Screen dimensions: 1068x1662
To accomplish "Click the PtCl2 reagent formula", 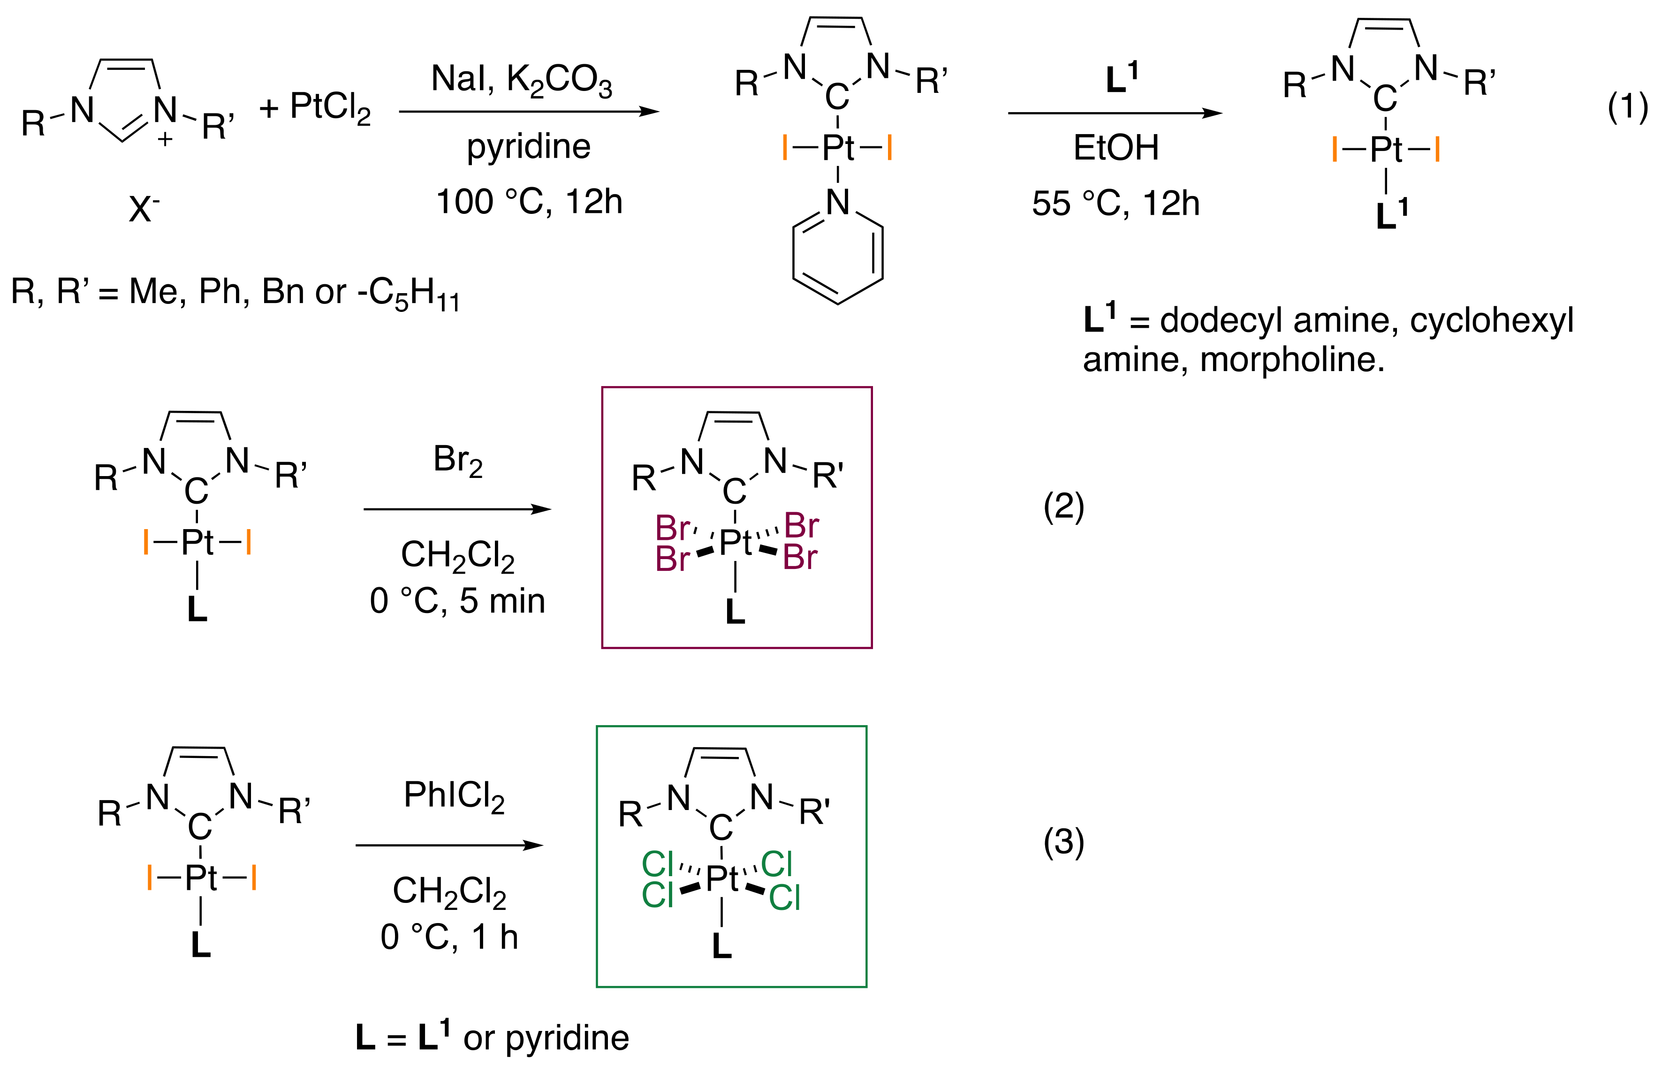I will (x=330, y=108).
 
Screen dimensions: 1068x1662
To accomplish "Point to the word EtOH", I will (x=1116, y=148).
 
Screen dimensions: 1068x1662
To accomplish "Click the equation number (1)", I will (x=1627, y=107).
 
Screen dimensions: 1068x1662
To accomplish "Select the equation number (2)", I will (x=1063, y=507).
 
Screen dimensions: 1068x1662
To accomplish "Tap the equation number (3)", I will (x=1063, y=842).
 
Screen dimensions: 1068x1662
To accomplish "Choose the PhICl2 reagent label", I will (x=454, y=795).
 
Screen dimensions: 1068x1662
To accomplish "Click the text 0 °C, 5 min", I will (x=458, y=600).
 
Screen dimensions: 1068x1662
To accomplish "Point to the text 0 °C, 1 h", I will (x=449, y=937).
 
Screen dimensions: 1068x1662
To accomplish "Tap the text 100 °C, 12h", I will (x=529, y=202).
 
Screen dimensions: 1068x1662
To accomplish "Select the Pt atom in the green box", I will (x=722, y=879).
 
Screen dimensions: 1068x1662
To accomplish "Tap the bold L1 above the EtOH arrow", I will (x=1121, y=78).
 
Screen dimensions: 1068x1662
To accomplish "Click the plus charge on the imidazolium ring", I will (x=165, y=139).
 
